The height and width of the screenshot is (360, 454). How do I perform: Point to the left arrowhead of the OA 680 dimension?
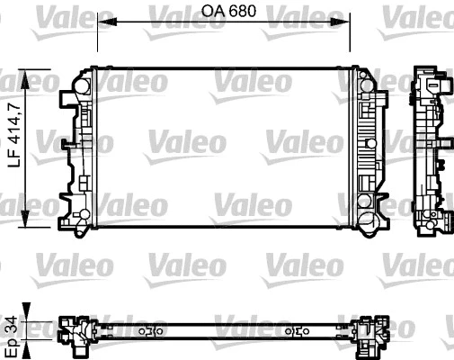pyautogui.click(x=101, y=22)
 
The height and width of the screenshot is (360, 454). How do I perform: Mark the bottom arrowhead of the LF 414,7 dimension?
pyautogui.click(x=35, y=221)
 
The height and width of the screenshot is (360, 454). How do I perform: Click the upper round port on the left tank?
pyautogui.click(x=81, y=87)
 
